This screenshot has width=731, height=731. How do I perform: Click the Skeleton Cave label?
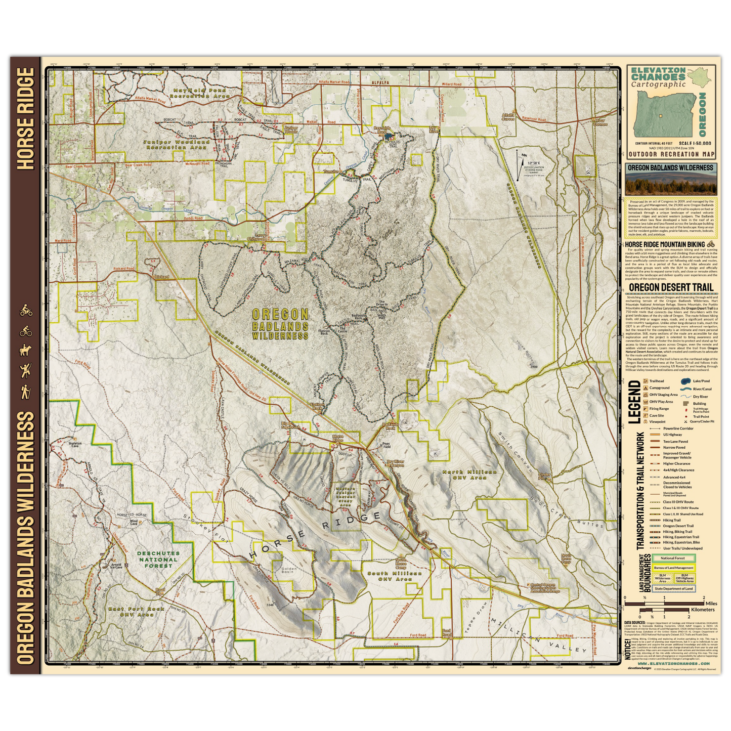[x=75, y=445]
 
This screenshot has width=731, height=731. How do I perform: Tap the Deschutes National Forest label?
[x=158, y=560]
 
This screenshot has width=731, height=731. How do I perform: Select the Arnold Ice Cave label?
[x=116, y=566]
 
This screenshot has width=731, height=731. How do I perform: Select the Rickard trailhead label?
[x=162, y=277]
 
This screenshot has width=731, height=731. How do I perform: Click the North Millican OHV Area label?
[x=470, y=475]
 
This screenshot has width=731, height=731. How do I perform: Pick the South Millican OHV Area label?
[x=395, y=576]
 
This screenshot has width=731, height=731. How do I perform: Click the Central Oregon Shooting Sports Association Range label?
[x=543, y=587]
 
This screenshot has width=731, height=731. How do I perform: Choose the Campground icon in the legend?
[x=646, y=388]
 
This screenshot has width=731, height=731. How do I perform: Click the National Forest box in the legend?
[x=673, y=558]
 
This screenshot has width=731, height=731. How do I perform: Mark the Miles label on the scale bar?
[x=711, y=604]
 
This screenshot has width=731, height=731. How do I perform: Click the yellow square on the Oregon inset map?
[x=660, y=116]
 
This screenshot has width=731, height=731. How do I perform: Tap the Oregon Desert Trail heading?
[x=671, y=287]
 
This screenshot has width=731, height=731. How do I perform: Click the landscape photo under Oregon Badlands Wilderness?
[x=671, y=184]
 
